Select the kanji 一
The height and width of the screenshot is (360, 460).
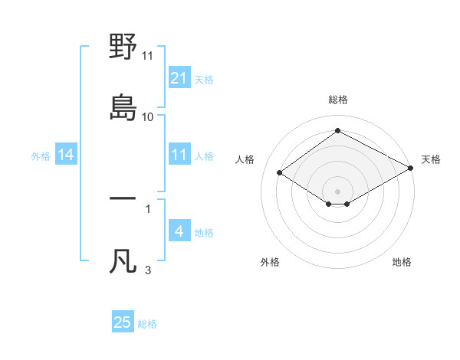123,198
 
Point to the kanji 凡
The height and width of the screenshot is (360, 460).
123,260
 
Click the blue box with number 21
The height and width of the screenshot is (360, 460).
179,77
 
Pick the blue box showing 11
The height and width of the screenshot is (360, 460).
179,155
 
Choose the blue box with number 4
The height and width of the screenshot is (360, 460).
179,231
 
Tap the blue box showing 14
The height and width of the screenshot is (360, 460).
66,155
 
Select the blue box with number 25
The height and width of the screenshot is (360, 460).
123,322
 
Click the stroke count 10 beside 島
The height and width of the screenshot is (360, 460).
148,116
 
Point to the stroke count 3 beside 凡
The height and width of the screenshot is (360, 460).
148,270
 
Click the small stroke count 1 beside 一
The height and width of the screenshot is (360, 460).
148,208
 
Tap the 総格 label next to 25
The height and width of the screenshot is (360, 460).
147,324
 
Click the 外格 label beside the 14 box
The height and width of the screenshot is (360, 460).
41,156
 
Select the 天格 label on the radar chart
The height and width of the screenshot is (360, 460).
431,159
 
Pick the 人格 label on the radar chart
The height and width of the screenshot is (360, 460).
245,159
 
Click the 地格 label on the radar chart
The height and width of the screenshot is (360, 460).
402,262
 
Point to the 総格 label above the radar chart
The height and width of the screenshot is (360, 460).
338,100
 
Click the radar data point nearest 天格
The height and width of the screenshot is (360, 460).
412,169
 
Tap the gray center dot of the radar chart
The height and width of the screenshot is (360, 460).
338,191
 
